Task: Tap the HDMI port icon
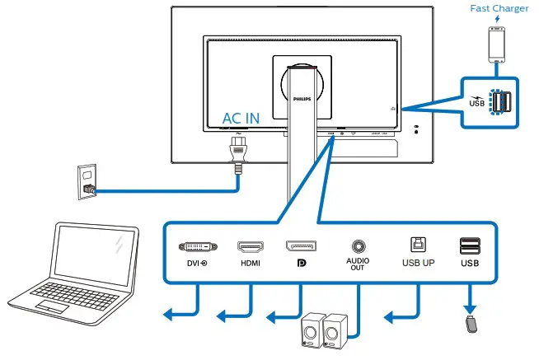coord(250,246)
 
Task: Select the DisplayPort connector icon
coord(301,246)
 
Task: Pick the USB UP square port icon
coord(418,245)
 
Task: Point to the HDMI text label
coord(250,263)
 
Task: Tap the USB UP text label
coord(418,263)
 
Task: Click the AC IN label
coord(241,118)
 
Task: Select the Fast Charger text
coord(499,9)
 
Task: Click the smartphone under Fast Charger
coord(497,44)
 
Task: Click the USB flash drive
coord(470,324)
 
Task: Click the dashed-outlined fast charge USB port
coord(497,101)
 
